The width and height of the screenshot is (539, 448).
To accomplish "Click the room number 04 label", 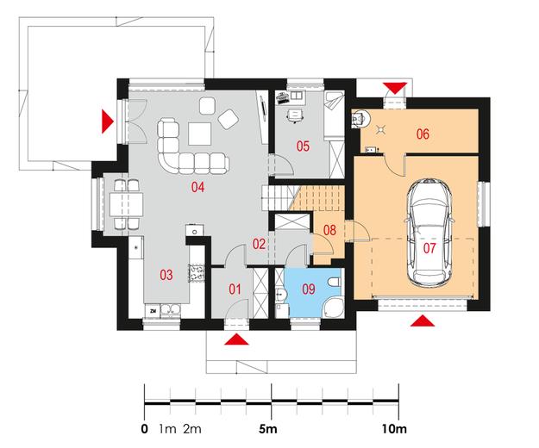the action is click(x=198, y=188).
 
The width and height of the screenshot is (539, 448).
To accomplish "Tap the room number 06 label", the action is click(x=423, y=134).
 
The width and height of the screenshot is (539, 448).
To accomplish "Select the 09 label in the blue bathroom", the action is click(x=309, y=289).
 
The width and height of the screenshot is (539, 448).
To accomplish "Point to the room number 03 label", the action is click(x=166, y=275).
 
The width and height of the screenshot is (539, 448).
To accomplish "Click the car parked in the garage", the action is click(x=429, y=233).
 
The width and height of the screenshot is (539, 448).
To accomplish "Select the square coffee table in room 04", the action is click(x=199, y=134).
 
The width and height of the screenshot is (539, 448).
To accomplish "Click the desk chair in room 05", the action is click(x=295, y=115).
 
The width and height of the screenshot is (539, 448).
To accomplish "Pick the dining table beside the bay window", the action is click(x=126, y=204).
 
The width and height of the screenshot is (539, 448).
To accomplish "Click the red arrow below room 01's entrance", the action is click(x=236, y=339).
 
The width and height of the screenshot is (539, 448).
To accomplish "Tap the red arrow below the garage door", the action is click(x=423, y=320).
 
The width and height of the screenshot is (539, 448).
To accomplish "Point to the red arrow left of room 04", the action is click(x=107, y=121).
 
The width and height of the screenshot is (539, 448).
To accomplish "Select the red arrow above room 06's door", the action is click(x=395, y=88).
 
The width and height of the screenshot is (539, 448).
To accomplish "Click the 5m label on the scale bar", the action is click(x=268, y=429).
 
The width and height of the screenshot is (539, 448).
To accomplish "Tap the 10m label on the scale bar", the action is click(x=394, y=429).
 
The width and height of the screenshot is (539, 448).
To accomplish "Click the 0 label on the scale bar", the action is click(x=145, y=429).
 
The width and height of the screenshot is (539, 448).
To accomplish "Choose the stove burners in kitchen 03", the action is click(x=197, y=273).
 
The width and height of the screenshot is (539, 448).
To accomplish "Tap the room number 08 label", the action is click(x=329, y=230).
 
